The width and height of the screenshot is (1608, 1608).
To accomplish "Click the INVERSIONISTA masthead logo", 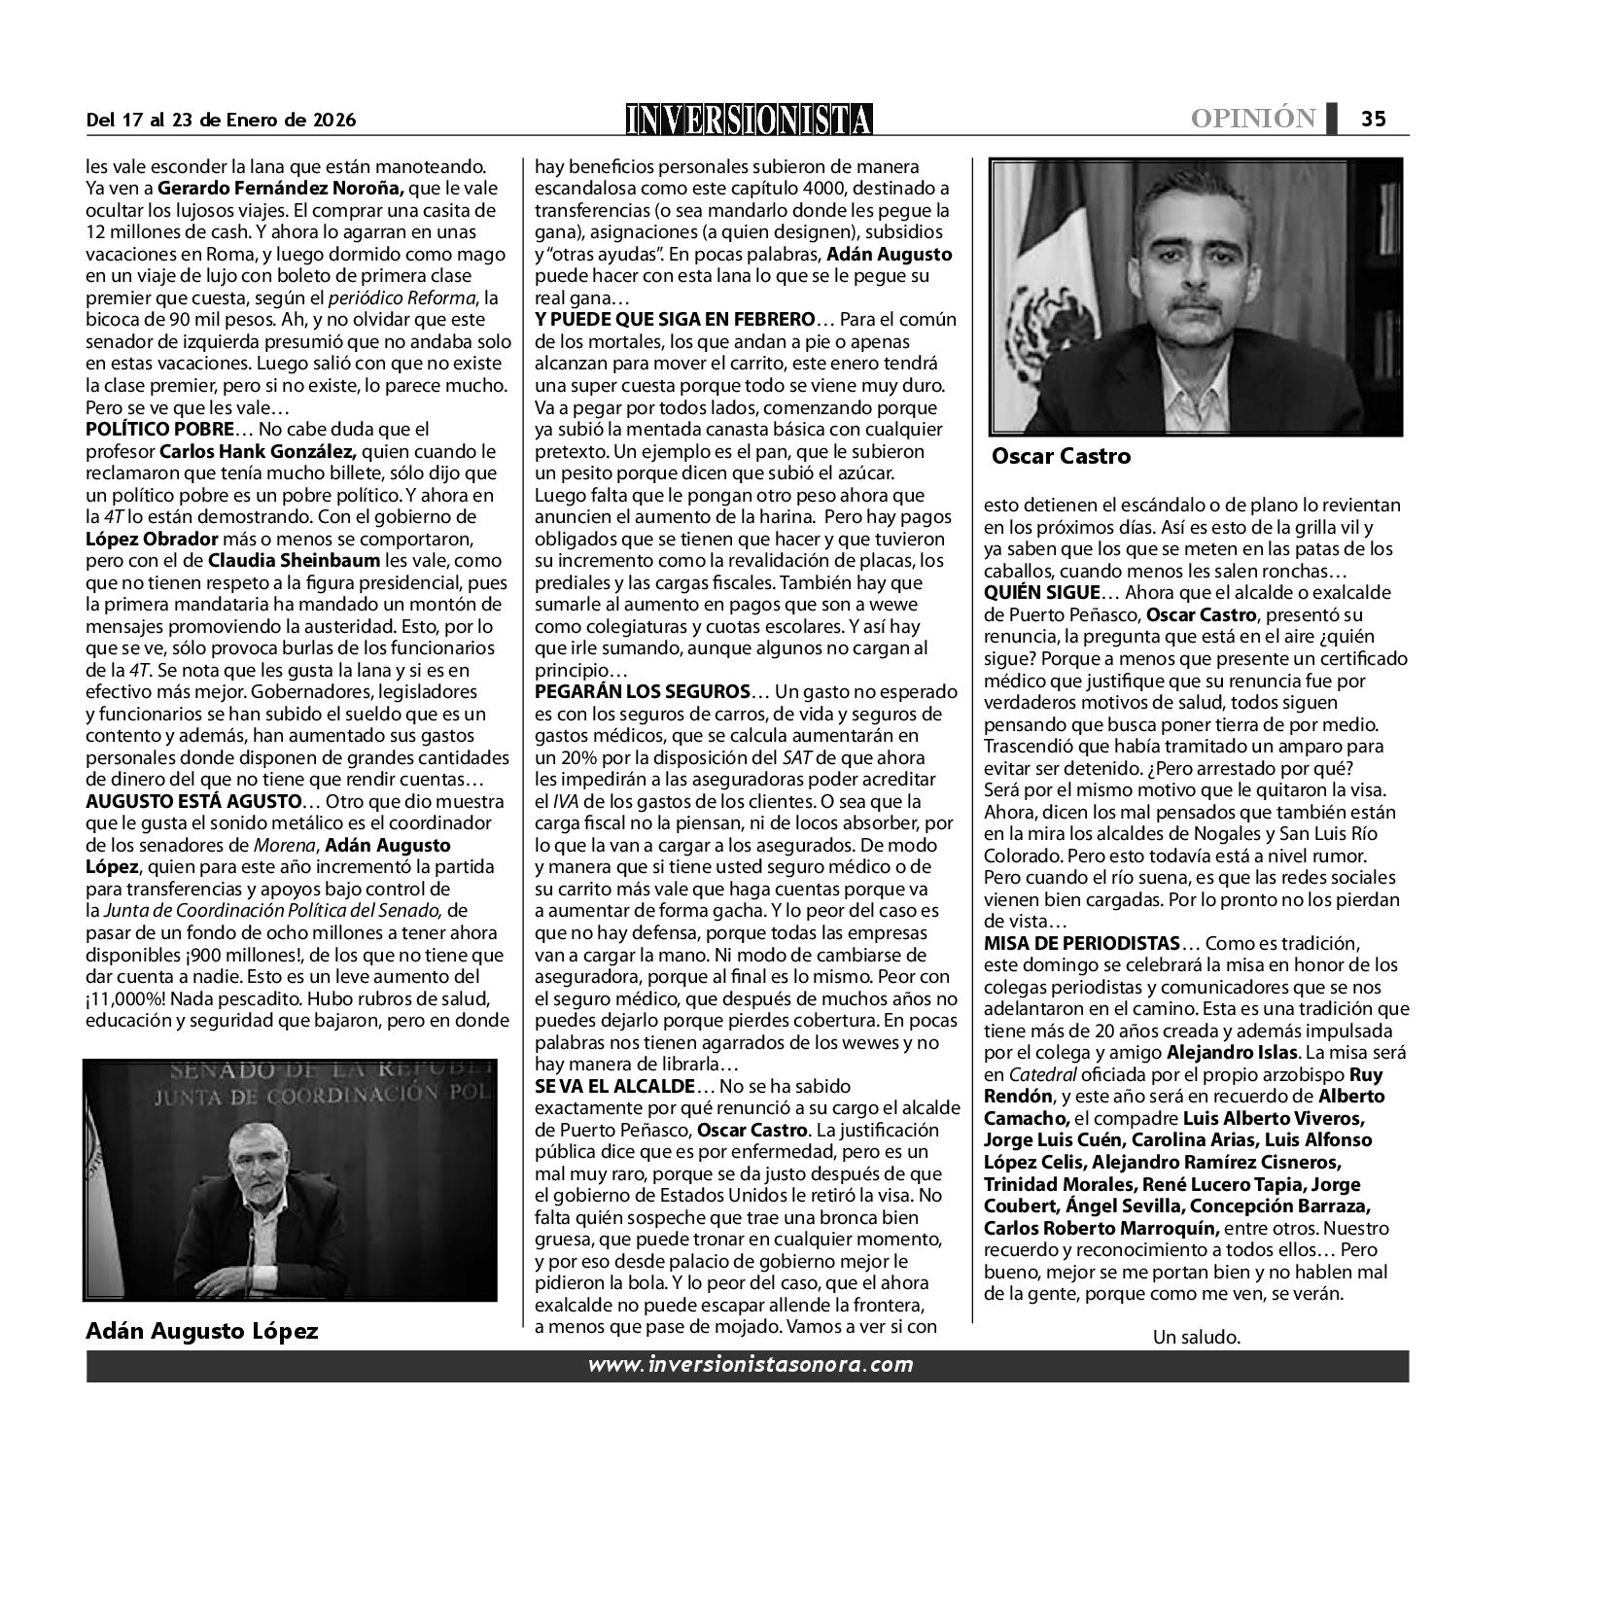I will (x=750, y=119).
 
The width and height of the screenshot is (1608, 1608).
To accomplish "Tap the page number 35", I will (x=1373, y=119).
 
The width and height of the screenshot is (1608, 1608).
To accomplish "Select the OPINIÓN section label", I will (x=1253, y=119).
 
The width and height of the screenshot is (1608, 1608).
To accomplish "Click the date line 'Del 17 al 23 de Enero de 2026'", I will (x=221, y=121).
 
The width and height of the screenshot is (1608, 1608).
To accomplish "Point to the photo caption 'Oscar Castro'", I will (x=1061, y=456).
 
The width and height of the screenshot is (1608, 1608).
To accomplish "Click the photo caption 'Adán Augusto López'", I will (x=201, y=1331).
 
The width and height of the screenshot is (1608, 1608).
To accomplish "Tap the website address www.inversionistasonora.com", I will (x=750, y=1365).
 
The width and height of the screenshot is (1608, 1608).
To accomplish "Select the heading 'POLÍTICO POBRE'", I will (x=159, y=429).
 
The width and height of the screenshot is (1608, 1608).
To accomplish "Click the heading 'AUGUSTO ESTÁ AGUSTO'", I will (x=193, y=802).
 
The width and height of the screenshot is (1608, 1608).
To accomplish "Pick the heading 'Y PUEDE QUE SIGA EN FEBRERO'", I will (x=675, y=320).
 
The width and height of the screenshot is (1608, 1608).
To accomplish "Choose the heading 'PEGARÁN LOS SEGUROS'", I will (x=642, y=691).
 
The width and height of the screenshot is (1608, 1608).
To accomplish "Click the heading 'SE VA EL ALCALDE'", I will (x=615, y=1086).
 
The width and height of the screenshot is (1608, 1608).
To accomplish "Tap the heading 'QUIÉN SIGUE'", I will (x=1041, y=592).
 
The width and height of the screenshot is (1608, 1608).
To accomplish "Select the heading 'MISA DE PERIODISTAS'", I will (x=1082, y=943).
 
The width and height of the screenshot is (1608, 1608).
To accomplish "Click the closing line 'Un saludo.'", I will (x=1196, y=1337).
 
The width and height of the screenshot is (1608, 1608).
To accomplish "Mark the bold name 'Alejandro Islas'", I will (x=1232, y=1052).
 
